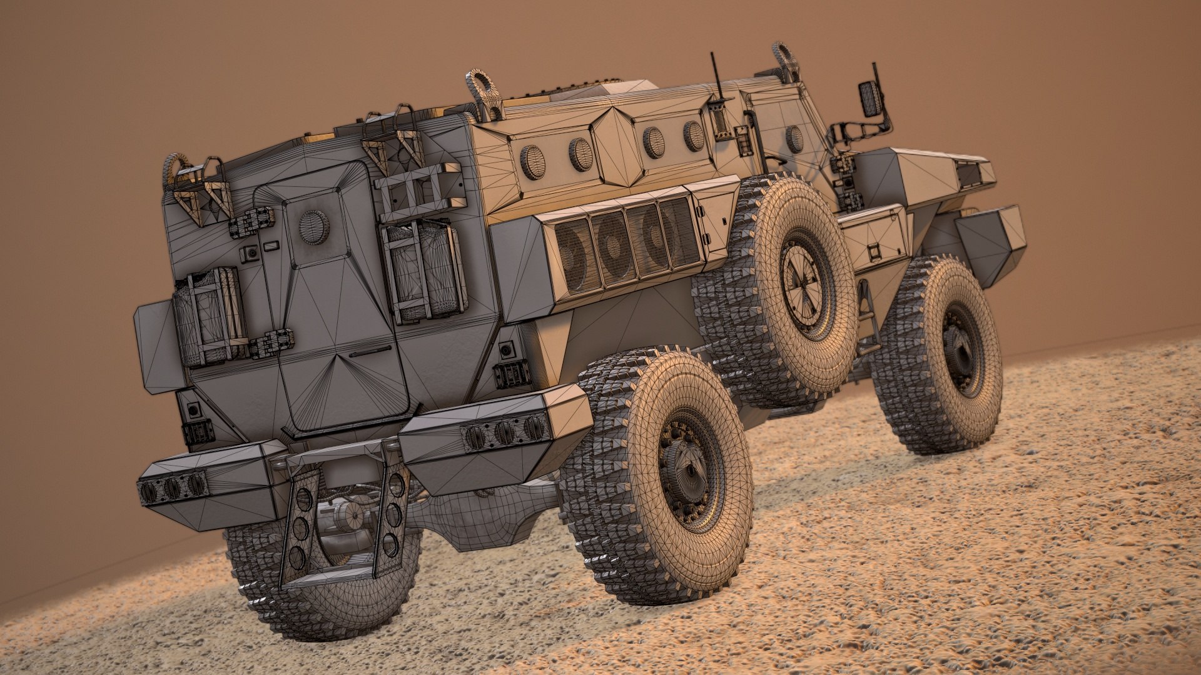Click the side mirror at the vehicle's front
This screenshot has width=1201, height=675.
click(870, 98)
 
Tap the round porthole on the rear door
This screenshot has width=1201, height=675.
click(313, 226)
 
